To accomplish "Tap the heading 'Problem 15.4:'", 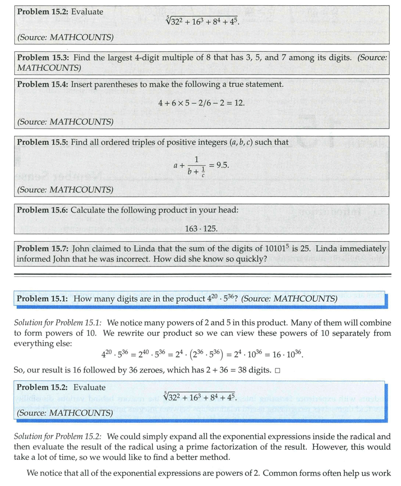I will click(x=42, y=84).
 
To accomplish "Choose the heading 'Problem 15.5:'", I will click(x=42, y=142).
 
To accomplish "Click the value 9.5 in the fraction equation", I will click(x=223, y=165).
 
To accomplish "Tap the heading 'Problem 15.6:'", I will click(x=42, y=210).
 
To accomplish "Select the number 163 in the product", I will click(x=190, y=229).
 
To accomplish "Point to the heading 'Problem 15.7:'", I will click(x=42, y=249).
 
